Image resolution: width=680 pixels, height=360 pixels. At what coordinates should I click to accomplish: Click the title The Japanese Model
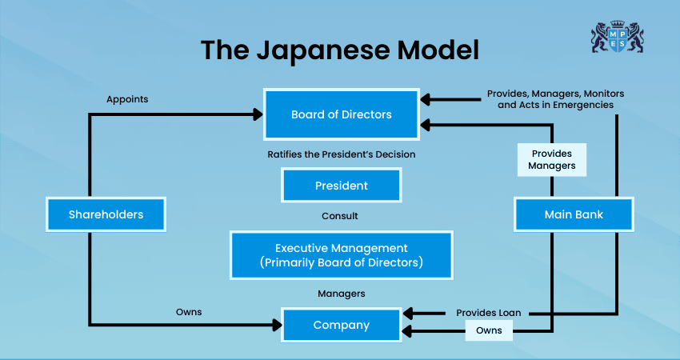tap(340, 50)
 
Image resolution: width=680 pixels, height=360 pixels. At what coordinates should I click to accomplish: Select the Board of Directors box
tap(342, 114)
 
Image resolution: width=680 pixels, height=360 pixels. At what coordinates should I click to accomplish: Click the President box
tap(342, 186)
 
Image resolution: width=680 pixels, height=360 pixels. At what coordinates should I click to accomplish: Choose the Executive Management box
tap(342, 255)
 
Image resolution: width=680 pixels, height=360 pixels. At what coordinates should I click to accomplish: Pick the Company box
tap(342, 326)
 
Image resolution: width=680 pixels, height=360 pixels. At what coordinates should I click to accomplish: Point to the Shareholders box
tap(106, 214)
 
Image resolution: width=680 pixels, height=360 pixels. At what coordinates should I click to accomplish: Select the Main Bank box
tap(574, 214)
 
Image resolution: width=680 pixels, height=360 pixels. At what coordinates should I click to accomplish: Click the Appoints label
tap(127, 100)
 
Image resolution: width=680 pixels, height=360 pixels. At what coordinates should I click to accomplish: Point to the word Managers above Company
tap(342, 294)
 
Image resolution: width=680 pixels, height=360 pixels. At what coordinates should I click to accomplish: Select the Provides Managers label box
tap(552, 160)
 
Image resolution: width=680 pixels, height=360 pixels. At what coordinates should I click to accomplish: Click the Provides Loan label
tap(488, 312)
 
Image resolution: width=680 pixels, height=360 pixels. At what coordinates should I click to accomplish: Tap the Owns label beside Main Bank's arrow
tap(489, 330)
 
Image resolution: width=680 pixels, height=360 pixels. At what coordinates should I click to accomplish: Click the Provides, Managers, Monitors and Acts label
tap(555, 99)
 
